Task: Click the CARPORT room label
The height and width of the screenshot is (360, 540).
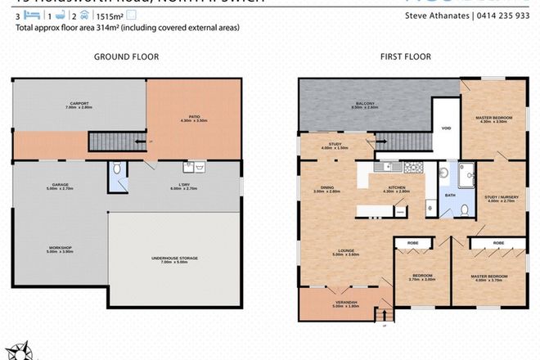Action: coord(79,104)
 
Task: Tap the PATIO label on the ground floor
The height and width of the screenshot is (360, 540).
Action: coord(189,118)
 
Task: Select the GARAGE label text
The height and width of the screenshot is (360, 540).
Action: coord(50,185)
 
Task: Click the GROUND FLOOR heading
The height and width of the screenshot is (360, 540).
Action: coord(126,56)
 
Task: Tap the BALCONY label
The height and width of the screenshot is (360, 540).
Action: coord(365,104)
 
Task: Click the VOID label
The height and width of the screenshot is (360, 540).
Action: coord(446,128)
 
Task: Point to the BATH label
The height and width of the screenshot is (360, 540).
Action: coord(449,196)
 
